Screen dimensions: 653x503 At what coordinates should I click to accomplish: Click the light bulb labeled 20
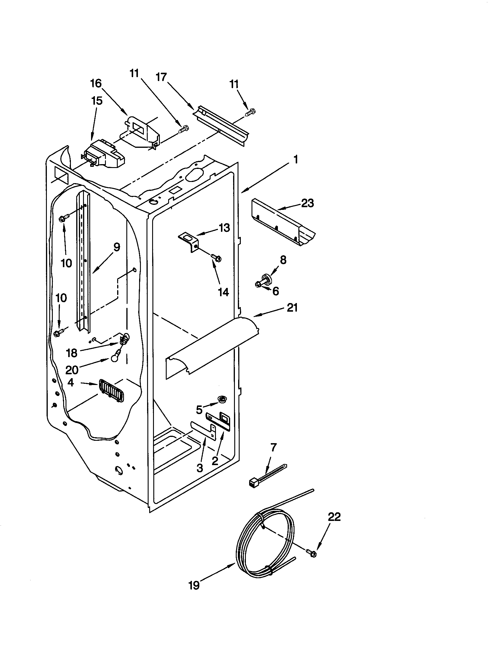114,358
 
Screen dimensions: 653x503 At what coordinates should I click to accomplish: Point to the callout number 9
117,247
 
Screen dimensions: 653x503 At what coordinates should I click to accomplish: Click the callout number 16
96,83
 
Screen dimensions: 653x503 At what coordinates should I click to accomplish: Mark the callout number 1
295,160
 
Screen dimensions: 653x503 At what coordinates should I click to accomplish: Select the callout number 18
72,353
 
